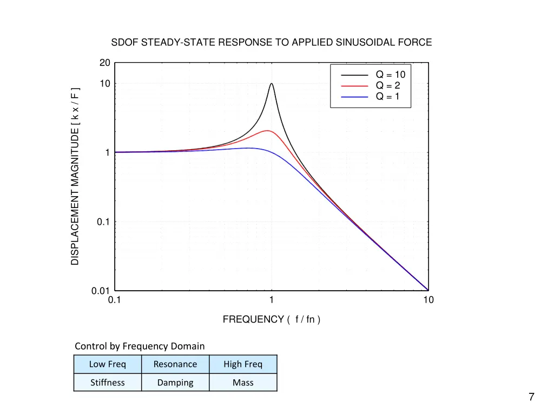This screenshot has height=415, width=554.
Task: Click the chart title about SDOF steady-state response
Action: (271, 42)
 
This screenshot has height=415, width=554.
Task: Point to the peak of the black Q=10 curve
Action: (271, 84)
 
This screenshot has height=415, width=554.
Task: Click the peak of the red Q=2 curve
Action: (267, 131)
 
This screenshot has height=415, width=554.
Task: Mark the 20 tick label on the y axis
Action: (105, 63)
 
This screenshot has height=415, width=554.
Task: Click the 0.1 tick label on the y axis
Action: (103, 222)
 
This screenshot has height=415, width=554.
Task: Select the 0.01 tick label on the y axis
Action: (101, 291)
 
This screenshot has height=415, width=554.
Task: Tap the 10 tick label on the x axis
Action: (428, 300)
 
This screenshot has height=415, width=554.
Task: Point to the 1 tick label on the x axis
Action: (271, 300)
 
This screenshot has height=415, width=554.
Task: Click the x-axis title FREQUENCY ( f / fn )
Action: (271, 319)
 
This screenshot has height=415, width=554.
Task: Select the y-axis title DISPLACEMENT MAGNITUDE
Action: (75, 177)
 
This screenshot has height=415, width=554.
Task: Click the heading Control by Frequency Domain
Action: (140, 346)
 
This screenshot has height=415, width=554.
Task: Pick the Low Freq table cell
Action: (107, 364)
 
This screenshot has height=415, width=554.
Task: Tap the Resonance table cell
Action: (175, 364)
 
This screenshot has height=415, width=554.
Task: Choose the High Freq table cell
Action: (243, 364)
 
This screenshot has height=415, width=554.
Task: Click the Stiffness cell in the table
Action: (107, 383)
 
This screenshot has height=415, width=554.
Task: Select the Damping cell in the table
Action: (175, 383)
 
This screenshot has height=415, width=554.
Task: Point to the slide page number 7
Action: (531, 397)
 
